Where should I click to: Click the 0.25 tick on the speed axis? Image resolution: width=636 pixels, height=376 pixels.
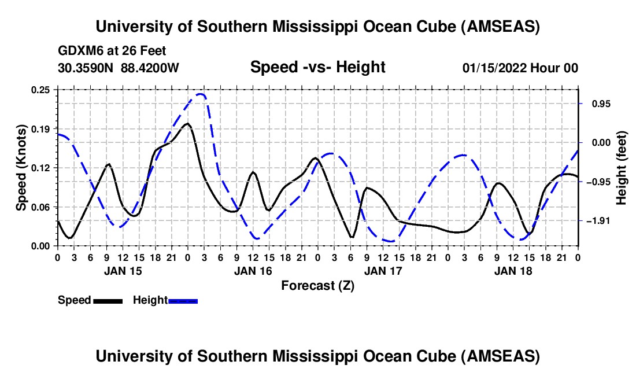tap(42, 90)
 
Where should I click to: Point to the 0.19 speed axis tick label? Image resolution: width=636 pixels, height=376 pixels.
tap(42, 128)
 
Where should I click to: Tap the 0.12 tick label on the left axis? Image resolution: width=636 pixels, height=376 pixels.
tap(42, 168)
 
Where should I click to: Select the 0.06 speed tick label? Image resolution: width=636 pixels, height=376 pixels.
tap(42, 207)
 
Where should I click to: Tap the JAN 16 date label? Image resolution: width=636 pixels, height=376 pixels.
tap(252, 271)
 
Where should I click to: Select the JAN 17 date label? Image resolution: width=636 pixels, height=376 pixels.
tap(383, 271)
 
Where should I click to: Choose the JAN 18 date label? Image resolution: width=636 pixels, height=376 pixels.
tap(513, 271)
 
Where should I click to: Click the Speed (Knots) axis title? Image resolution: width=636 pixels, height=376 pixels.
tap(21, 168)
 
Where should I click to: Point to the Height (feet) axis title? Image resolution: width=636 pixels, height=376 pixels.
tap(622, 168)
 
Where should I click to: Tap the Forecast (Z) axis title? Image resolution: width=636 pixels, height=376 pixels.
tap(317, 285)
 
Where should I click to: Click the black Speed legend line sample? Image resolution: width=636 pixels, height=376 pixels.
tap(108, 300)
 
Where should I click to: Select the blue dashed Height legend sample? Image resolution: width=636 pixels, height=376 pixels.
tap(183, 300)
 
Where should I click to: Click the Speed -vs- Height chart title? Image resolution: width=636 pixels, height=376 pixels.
tap(317, 67)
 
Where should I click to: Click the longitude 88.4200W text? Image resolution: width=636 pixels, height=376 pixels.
tap(150, 68)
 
